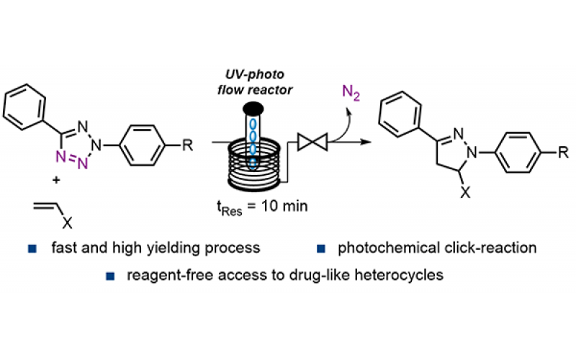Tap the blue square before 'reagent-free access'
click(110, 274)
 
